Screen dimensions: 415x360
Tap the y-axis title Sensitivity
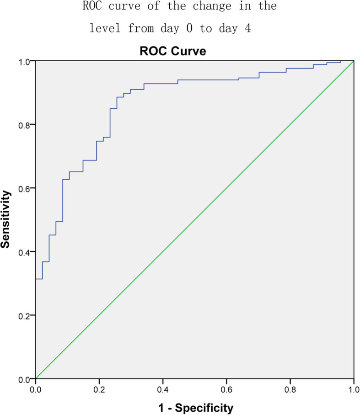[6, 220]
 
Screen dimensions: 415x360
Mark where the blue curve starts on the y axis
[35, 279]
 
